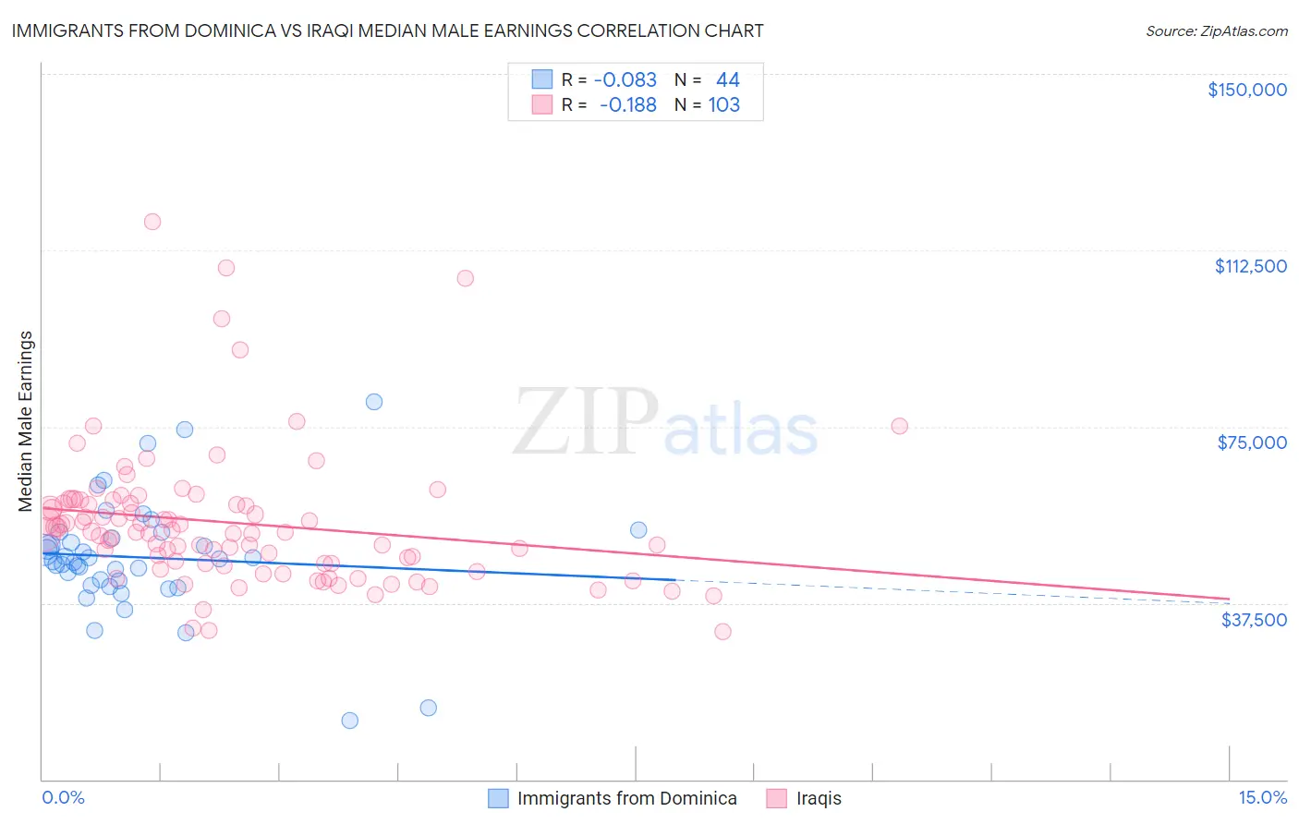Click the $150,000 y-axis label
click(1246, 90)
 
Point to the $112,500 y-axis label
click(1250, 266)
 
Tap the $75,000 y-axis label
click(1251, 442)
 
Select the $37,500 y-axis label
click(1253, 619)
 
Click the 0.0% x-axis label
click(63, 798)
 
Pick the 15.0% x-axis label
click(1262, 798)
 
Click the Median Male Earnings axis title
click(26, 421)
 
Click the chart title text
click(387, 30)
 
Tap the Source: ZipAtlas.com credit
click(1216, 31)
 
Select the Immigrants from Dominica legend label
click(626, 798)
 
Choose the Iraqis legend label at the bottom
click(819, 798)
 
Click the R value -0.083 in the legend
click(625, 79)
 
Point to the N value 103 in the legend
click(724, 105)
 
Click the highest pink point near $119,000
click(152, 222)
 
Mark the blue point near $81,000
click(374, 402)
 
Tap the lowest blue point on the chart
click(350, 721)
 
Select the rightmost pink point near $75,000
click(900, 426)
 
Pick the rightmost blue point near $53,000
click(638, 530)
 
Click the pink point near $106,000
click(466, 278)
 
